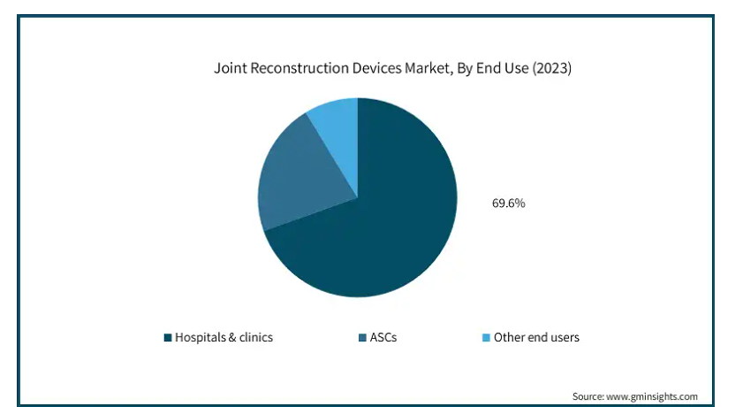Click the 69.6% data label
click(508, 203)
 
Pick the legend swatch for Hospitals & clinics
click(168, 337)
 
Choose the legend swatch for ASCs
click(360, 337)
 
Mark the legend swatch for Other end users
click(485, 337)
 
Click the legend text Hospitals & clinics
click(224, 337)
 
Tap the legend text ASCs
click(383, 337)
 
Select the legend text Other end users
click(536, 337)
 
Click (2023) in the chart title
click(551, 68)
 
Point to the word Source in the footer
click(588, 395)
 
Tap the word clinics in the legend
click(254, 337)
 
